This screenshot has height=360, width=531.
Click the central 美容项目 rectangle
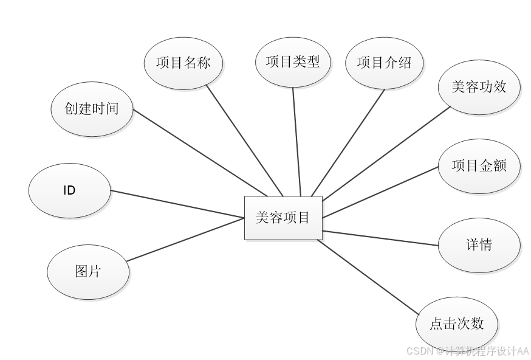(x=283, y=218)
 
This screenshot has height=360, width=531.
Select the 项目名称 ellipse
(x=183, y=63)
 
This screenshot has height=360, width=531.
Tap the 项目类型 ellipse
(x=293, y=61)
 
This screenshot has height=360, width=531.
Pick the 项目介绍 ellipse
(x=384, y=63)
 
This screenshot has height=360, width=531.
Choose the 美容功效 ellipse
(x=479, y=87)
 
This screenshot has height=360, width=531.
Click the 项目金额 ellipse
(x=479, y=166)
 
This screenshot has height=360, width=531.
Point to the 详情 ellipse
(x=479, y=245)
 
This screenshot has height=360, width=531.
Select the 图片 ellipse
(x=88, y=272)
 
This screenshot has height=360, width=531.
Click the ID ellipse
(x=69, y=190)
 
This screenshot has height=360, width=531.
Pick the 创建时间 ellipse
(x=92, y=109)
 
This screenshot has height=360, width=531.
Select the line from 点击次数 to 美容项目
(x=368, y=276)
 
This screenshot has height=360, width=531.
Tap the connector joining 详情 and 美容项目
(x=380, y=238)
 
